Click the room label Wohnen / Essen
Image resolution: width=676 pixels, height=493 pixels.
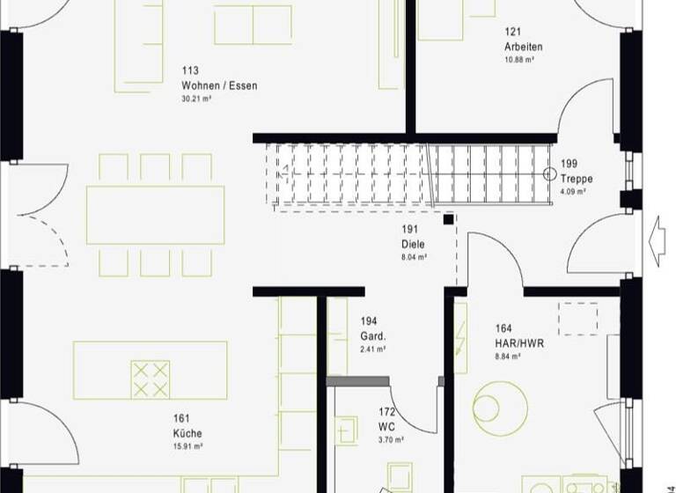pyautogui.click(x=219, y=85)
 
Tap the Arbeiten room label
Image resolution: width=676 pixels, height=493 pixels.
pyautogui.click(x=523, y=47)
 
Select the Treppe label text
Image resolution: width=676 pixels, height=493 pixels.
pyautogui.click(x=577, y=179)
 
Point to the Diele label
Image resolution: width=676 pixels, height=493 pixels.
pyautogui.click(x=414, y=245)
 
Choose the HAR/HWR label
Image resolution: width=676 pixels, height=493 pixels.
pyautogui.click(x=519, y=343)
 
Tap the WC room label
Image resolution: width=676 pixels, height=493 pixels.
pyautogui.click(x=386, y=427)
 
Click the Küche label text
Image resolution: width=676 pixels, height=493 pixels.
pyautogui.click(x=187, y=433)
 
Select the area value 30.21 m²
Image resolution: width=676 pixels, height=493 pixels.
pyautogui.click(x=196, y=99)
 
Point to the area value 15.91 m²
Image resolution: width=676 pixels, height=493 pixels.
pyautogui.click(x=188, y=446)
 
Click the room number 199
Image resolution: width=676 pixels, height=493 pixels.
pyautogui.click(x=569, y=165)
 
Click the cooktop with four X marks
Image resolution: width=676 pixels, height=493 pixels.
pyautogui.click(x=150, y=379)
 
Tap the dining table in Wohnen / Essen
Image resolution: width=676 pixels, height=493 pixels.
pyautogui.click(x=155, y=215)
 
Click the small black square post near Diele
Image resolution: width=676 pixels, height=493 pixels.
pyautogui.click(x=449, y=218)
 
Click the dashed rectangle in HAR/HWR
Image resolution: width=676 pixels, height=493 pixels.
pyautogui.click(x=577, y=318)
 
